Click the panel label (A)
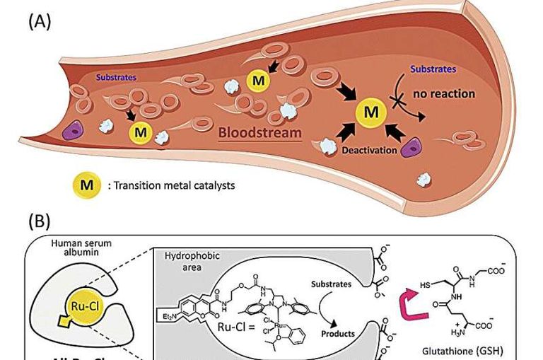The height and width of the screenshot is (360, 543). tap(40, 21)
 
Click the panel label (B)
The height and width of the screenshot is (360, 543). tap(40, 221)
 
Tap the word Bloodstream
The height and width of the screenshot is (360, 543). tap(251, 132)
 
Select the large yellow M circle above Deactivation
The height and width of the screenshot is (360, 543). tap(369, 111)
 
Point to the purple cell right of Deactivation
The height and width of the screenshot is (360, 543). tap(411, 148)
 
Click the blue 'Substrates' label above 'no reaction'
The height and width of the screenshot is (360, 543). tap(433, 69)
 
